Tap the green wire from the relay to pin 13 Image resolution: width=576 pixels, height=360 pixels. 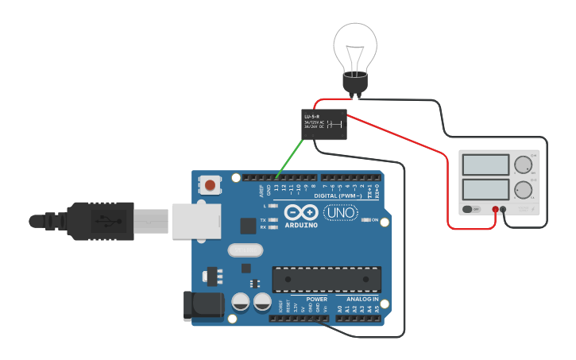(290, 156)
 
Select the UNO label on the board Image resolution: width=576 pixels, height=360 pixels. (341, 213)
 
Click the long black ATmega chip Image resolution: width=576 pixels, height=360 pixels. (327, 279)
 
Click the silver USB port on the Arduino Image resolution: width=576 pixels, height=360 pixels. (194, 220)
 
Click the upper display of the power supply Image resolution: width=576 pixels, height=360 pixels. (485, 165)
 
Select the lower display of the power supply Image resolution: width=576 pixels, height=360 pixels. (485, 190)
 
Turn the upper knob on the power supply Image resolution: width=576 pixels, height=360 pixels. (523, 165)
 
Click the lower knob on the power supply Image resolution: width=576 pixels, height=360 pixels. (523, 190)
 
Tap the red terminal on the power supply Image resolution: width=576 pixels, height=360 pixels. (495, 209)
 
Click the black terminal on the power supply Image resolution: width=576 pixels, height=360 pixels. (504, 209)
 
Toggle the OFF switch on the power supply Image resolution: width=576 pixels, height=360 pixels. (472, 209)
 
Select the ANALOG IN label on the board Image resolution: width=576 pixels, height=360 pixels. (362, 300)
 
